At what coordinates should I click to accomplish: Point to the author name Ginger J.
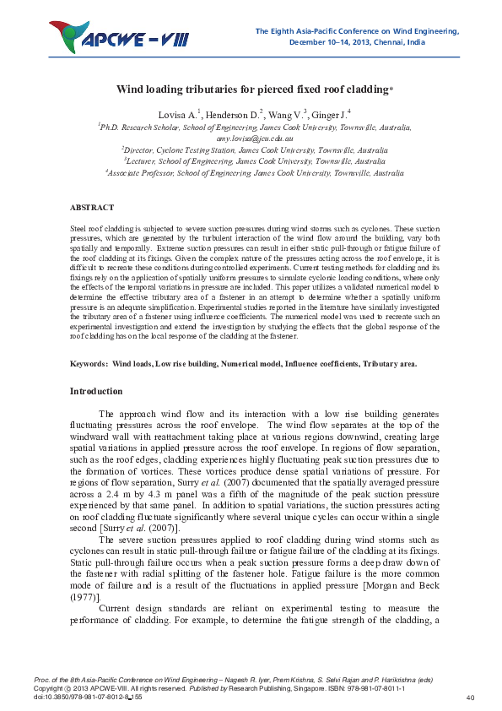click(x=328, y=113)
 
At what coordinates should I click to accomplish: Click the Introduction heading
click(x=95, y=391)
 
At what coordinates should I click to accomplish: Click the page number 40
click(x=470, y=697)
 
